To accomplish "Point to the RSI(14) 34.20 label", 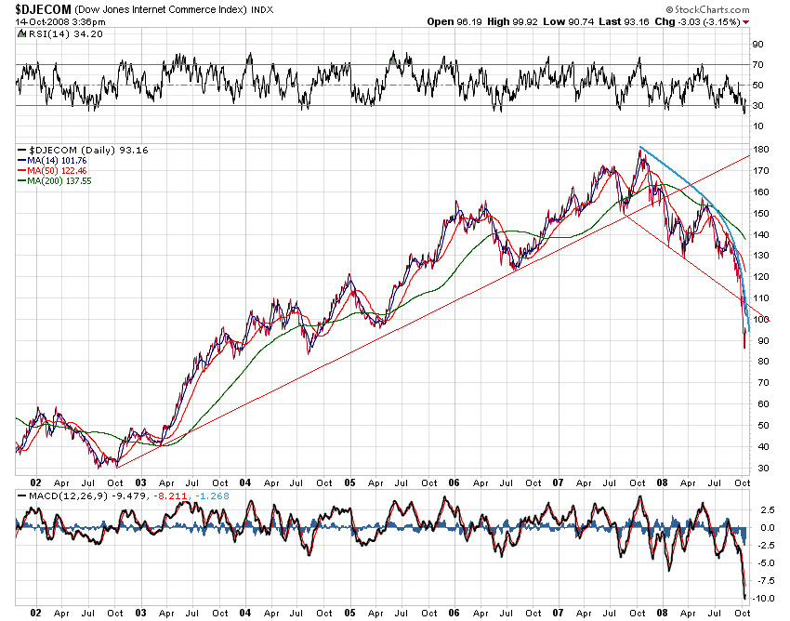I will [52, 33].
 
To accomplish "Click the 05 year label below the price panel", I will [351, 483].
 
